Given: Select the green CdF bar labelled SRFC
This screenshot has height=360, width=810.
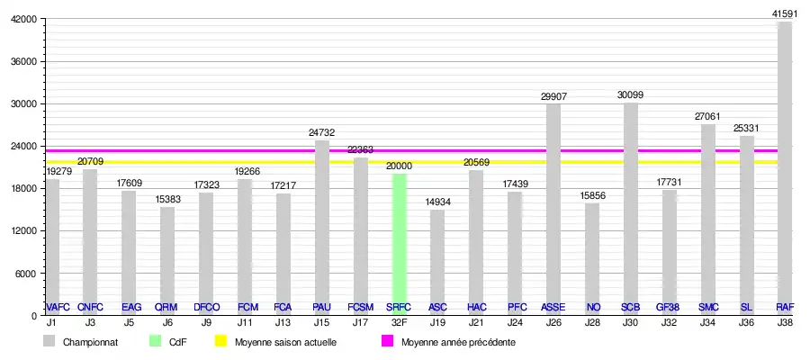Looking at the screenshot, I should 399,244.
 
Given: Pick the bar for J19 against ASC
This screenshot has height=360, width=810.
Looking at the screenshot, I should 437,262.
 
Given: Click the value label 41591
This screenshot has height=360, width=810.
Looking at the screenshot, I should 785,13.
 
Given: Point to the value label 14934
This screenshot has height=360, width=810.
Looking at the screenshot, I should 437,201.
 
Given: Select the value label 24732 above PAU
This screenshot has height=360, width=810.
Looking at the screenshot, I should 322,131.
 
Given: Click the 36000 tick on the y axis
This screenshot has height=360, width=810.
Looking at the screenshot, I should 22,61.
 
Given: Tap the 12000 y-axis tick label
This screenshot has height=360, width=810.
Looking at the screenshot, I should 22,231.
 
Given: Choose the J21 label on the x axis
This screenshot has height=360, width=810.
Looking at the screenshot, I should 476,321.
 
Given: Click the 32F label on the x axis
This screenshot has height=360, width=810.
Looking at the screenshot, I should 399,321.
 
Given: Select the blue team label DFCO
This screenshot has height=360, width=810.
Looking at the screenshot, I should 206,307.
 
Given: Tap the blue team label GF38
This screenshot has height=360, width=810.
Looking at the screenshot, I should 669,307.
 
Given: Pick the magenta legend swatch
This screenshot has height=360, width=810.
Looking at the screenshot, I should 387,342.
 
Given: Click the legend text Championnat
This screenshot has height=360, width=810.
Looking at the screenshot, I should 89,342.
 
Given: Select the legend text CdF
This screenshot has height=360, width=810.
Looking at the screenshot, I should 177,342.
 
